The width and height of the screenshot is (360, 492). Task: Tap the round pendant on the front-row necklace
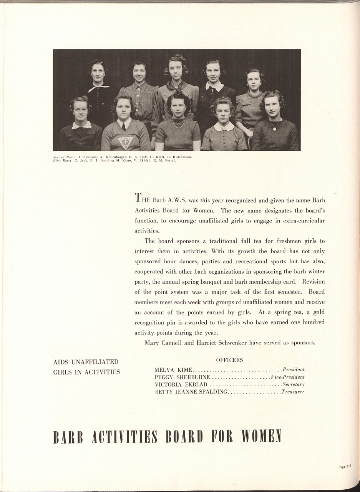coord(275,129)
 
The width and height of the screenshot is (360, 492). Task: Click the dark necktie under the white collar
coord(124,126)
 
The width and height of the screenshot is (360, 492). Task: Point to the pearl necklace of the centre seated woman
coord(178,124)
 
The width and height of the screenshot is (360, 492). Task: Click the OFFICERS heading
coord(229,360)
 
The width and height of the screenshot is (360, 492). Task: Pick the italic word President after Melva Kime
coord(294,370)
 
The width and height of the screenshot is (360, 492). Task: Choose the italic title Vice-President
coord(288,377)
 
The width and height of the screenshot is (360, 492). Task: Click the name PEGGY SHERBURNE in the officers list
coord(182,377)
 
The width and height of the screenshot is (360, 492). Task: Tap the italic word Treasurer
coord(293,392)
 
